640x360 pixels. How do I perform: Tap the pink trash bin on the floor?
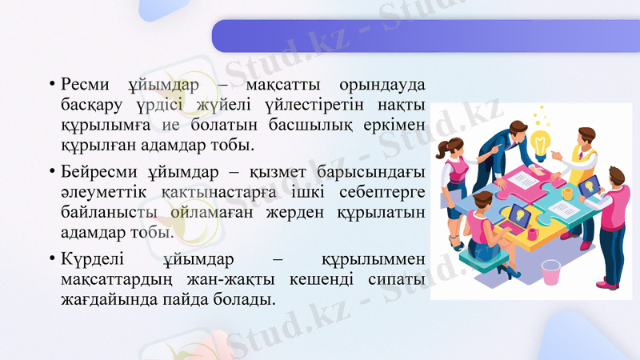click(x=551, y=273)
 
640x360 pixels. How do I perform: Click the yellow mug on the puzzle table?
click(x=567, y=193)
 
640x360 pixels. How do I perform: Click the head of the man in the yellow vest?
click(x=586, y=137)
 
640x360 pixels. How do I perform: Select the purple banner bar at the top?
click(x=424, y=36)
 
